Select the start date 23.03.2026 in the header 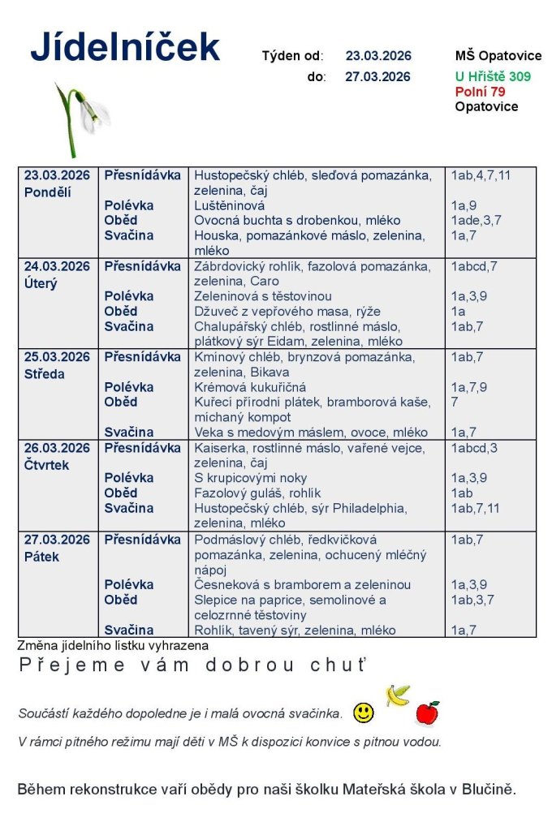pyautogui.click(x=378, y=56)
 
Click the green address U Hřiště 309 pyautogui.click(x=493, y=76)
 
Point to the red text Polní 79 pyautogui.click(x=480, y=92)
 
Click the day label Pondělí pyautogui.click(x=48, y=192)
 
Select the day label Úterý pyautogui.click(x=41, y=283)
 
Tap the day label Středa pyautogui.click(x=45, y=374)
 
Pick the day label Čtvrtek pyautogui.click(x=47, y=465)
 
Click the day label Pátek pyautogui.click(x=41, y=557)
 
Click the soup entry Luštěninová pyautogui.click(x=230, y=205)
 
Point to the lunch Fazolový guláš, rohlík pyautogui.click(x=257, y=493)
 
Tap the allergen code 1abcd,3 pyautogui.click(x=475, y=448)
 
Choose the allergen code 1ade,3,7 pyautogui.click(x=477, y=220)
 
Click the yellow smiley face pyautogui.click(x=364, y=713)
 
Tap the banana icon pyautogui.click(x=398, y=695)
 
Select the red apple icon pyautogui.click(x=427, y=713)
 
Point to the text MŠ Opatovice pyautogui.click(x=498, y=56)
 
